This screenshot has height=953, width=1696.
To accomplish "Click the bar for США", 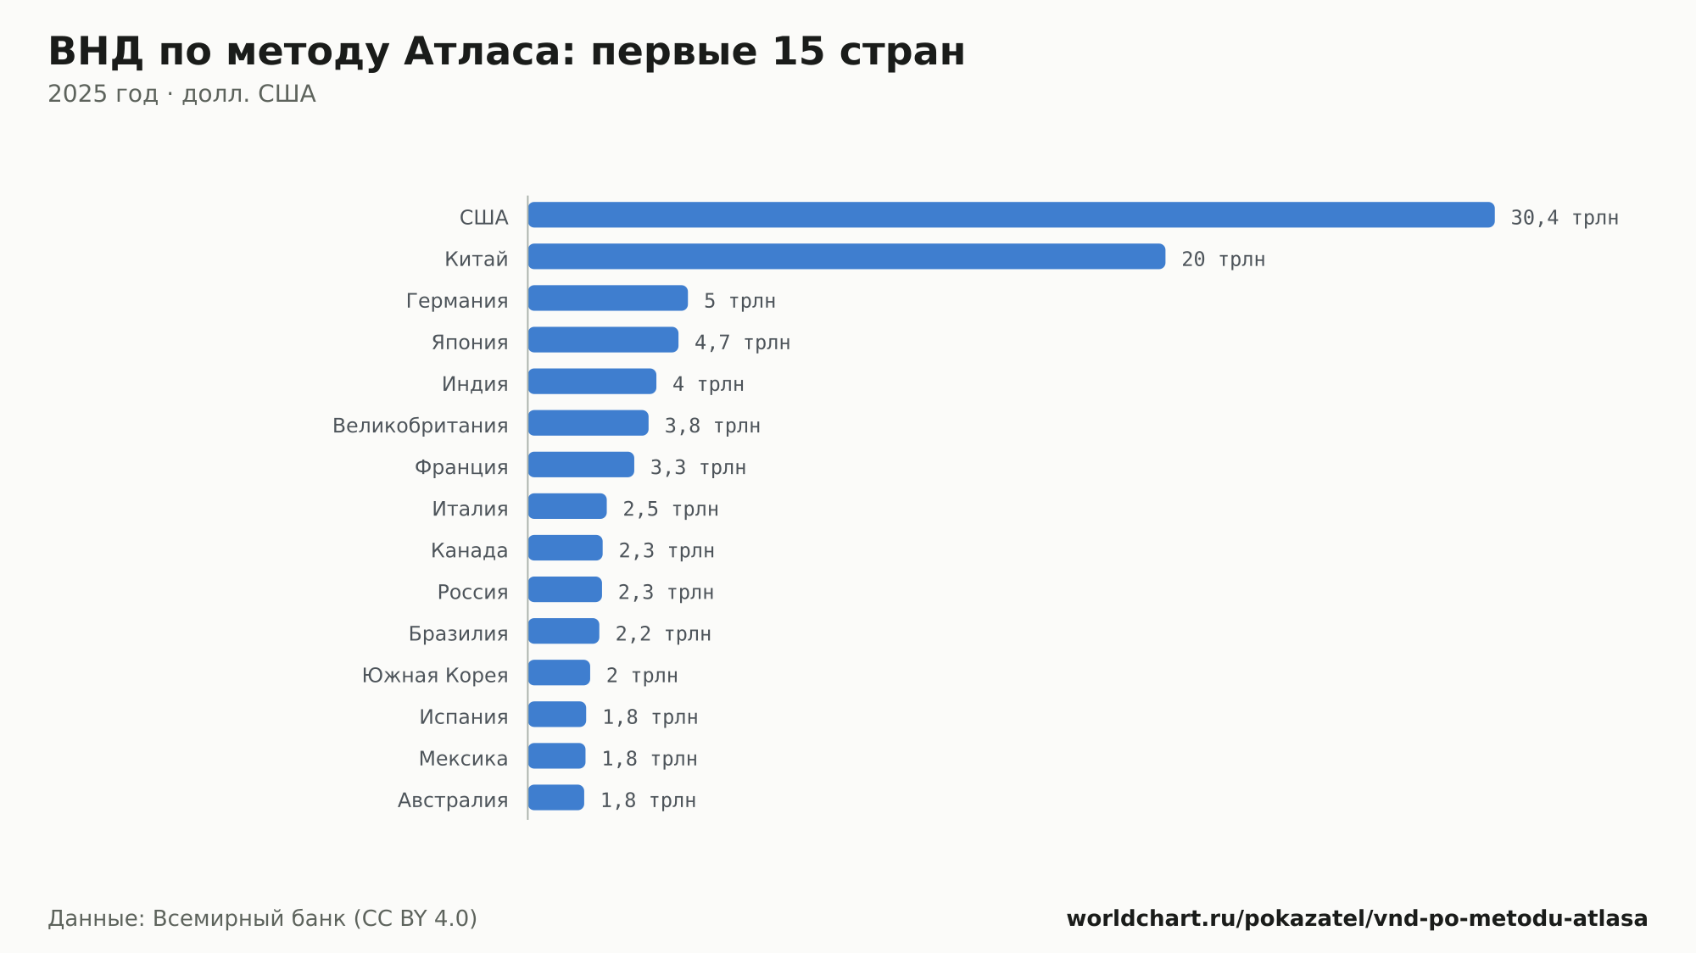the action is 1011,215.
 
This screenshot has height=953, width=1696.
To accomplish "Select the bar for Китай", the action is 846,256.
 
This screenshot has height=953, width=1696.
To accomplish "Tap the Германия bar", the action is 608,298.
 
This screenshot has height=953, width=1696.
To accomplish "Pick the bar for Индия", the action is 592,382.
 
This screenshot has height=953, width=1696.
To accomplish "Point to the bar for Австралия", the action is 556,798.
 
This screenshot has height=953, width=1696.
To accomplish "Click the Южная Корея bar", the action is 559,672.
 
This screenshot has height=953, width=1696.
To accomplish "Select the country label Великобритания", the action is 420,426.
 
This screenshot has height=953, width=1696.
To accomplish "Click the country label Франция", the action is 461,467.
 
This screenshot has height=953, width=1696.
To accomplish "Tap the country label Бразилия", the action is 458,633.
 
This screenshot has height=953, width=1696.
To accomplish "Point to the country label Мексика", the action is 463,759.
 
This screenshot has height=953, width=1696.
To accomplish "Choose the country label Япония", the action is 470,343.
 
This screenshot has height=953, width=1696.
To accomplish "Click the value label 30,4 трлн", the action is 1565,218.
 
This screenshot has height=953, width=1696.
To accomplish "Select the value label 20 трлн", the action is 1223,259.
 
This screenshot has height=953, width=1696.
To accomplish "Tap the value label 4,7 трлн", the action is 742,343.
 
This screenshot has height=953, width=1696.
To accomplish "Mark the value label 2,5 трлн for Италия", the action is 671,509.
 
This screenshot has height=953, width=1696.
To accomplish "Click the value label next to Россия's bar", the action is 666,592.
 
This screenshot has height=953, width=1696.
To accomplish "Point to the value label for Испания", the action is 650,716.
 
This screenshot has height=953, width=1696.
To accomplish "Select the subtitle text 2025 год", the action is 103,93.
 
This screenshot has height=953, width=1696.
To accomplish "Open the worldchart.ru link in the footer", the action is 1357,918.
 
